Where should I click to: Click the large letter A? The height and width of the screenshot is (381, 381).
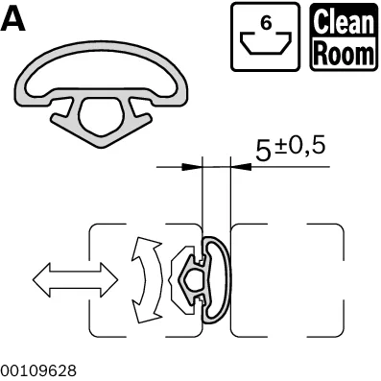(x=12, y=19)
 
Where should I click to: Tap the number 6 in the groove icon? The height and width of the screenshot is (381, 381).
(x=266, y=23)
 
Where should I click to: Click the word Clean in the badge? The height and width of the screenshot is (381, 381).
(x=344, y=22)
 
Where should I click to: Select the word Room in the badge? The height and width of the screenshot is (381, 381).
(x=344, y=53)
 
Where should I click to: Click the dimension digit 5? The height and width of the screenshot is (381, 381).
(x=263, y=152)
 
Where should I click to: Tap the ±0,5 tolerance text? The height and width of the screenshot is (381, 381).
(x=300, y=146)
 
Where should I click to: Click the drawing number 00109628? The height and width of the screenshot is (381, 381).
(x=38, y=371)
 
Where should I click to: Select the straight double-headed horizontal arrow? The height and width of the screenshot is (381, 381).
(x=76, y=280)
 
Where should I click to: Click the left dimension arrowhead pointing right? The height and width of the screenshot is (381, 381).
(x=192, y=167)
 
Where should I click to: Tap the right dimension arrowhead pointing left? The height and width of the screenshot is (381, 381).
(x=241, y=167)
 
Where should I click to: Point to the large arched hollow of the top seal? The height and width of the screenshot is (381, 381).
(x=102, y=69)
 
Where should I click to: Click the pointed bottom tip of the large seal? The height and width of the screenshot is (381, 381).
(x=102, y=147)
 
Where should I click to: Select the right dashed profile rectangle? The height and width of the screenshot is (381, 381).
(x=287, y=280)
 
